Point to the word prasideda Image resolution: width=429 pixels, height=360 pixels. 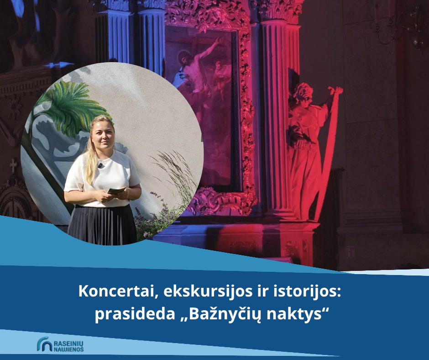135,314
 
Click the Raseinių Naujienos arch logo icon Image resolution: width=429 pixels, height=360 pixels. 44,344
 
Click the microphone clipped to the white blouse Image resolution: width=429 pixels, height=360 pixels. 100,165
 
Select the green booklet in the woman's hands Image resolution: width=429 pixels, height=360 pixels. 117,190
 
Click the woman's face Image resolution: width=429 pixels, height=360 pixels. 103,135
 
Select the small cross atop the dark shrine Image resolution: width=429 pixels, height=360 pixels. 13,166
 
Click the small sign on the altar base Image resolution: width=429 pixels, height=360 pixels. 350,252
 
